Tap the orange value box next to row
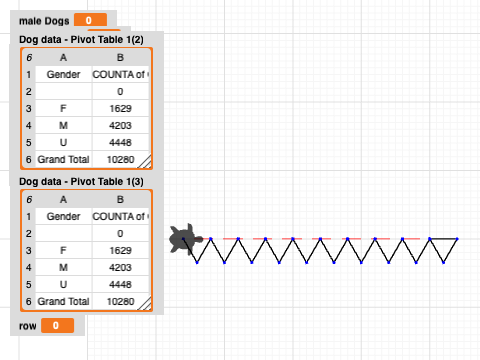56,326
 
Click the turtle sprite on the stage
186,240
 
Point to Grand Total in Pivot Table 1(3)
63,301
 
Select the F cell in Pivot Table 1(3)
63,250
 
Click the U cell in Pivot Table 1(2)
63,142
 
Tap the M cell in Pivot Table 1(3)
63,267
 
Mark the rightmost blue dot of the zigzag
457,239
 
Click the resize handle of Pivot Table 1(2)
144,160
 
